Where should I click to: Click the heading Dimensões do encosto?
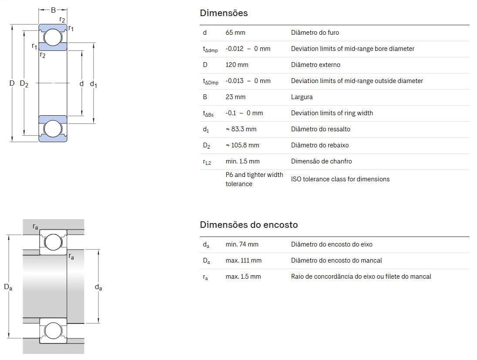(x=249, y=225)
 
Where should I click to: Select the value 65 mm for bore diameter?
(x=235, y=33)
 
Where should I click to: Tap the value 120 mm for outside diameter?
(x=237, y=65)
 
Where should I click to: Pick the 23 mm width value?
(x=235, y=97)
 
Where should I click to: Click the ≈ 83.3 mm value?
(x=241, y=129)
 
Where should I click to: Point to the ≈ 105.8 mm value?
(x=242, y=145)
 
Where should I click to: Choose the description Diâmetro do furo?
(x=315, y=33)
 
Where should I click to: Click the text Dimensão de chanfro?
(x=321, y=161)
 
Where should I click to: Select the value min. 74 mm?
(x=242, y=244)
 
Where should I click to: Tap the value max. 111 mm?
(x=243, y=260)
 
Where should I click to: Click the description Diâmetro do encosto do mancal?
(x=336, y=260)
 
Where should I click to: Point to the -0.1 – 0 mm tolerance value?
(x=244, y=113)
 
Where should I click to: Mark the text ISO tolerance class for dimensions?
(x=340, y=179)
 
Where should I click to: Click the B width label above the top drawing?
(x=53, y=10)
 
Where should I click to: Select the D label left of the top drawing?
(x=12, y=83)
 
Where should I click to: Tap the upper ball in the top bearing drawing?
(x=53, y=37)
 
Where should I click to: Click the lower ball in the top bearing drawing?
(x=53, y=129)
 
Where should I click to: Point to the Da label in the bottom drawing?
(x=8, y=287)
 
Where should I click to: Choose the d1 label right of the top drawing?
(x=93, y=83)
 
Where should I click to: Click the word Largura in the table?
(x=302, y=97)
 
